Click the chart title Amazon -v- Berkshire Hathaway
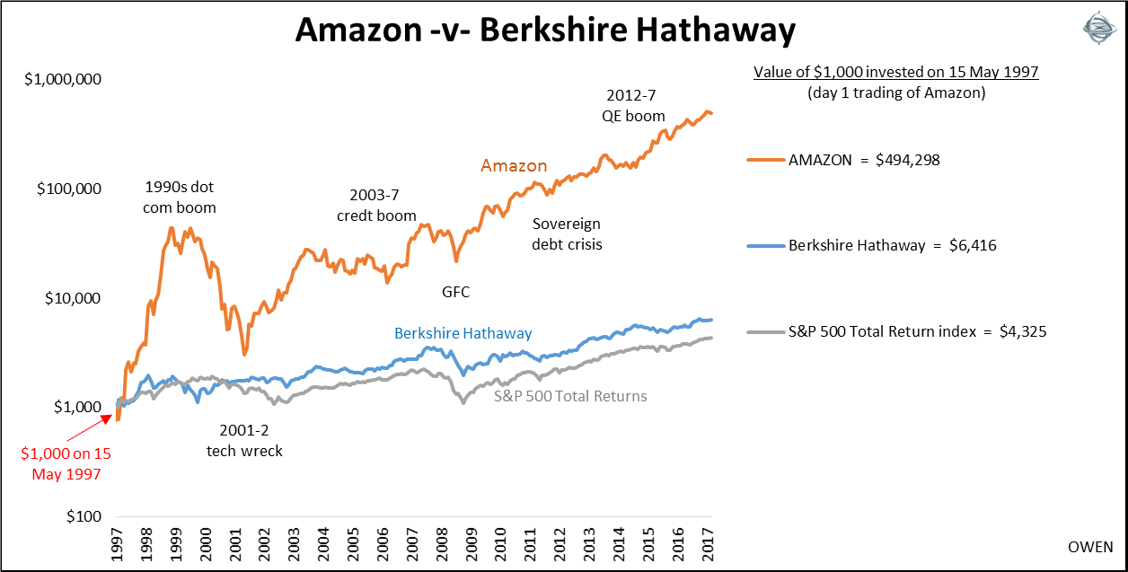pos(545,32)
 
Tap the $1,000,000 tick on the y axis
pos(63,79)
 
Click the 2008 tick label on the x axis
pos(442,543)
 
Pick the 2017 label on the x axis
pos(709,543)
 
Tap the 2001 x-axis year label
pos(235,543)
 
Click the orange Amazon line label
pos(514,166)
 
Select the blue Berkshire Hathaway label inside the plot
pos(463,333)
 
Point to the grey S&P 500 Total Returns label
pos(570,396)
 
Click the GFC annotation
pos(455,292)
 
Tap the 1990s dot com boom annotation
pos(181,198)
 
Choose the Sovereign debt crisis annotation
pos(566,233)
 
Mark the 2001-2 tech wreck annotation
pos(244,440)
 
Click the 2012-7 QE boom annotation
pos(634,104)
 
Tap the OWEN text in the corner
pos(1090,547)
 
